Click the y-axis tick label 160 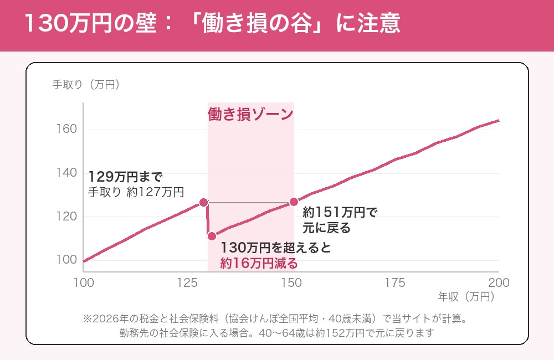66,129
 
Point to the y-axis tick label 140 66,173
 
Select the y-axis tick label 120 66,216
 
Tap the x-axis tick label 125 187,283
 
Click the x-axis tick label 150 291,283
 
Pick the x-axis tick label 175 395,283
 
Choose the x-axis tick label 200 499,283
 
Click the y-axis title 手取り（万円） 86,85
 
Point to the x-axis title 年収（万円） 466,297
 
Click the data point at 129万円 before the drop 203,203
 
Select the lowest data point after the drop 212,236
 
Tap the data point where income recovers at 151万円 294,202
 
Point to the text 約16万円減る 259,264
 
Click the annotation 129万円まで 125,177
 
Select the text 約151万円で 340,213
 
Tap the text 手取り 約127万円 136,192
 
